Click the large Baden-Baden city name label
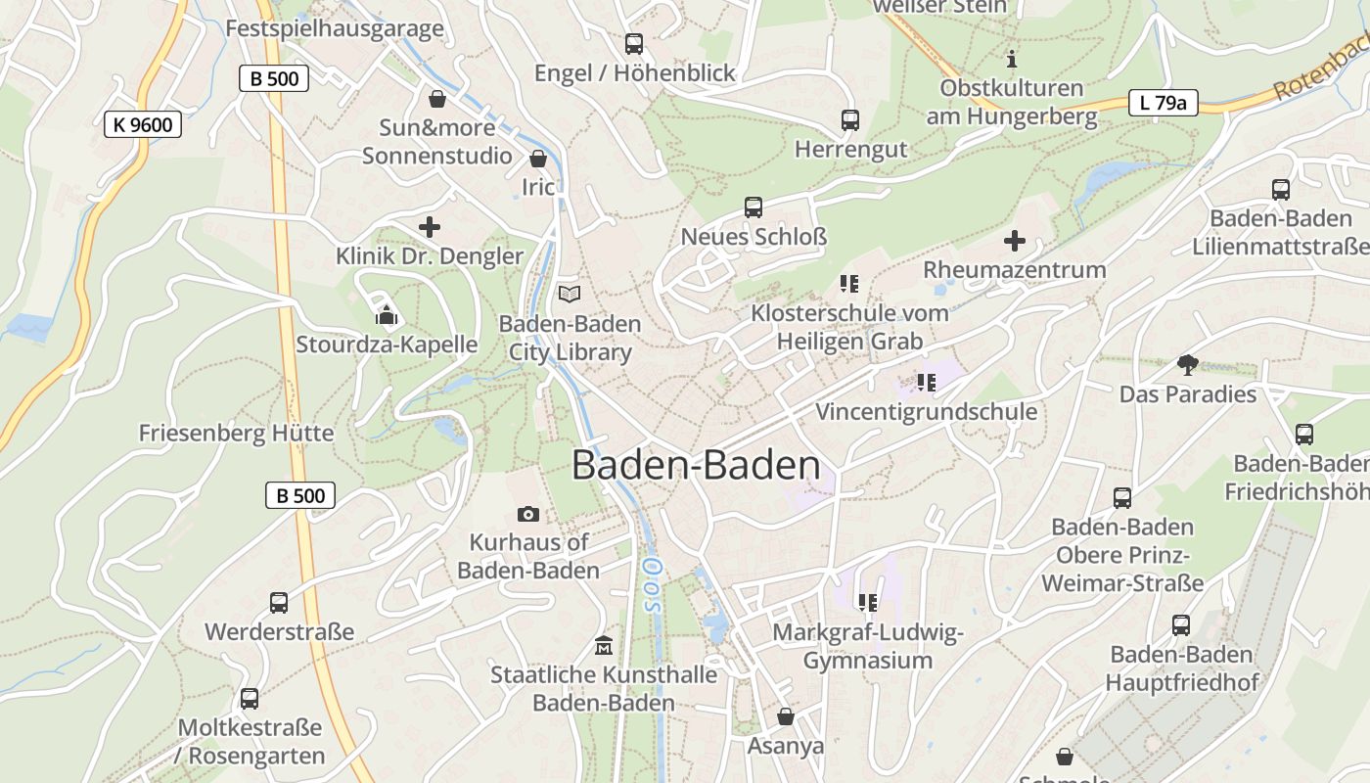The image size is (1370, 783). point(696,465)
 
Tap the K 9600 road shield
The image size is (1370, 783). point(143,124)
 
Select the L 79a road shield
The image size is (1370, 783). point(1164,102)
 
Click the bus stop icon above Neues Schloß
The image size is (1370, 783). point(753,207)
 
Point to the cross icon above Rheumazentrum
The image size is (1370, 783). point(1015,240)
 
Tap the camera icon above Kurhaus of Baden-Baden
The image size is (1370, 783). point(527,514)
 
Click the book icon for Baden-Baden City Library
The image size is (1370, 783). point(570,293)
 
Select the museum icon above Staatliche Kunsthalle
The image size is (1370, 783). point(604,646)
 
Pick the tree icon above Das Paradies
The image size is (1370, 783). point(1188,365)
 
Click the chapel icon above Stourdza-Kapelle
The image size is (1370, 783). point(387,315)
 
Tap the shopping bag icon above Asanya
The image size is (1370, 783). point(785,717)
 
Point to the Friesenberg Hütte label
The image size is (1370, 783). point(236,433)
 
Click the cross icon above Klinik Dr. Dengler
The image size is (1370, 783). point(429,227)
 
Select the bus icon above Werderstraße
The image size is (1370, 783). point(279,603)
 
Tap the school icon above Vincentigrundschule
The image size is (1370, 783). point(927,383)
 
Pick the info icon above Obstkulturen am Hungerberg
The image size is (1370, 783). point(1012,58)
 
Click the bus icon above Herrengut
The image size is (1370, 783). point(850,120)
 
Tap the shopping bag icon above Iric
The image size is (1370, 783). point(537,159)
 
